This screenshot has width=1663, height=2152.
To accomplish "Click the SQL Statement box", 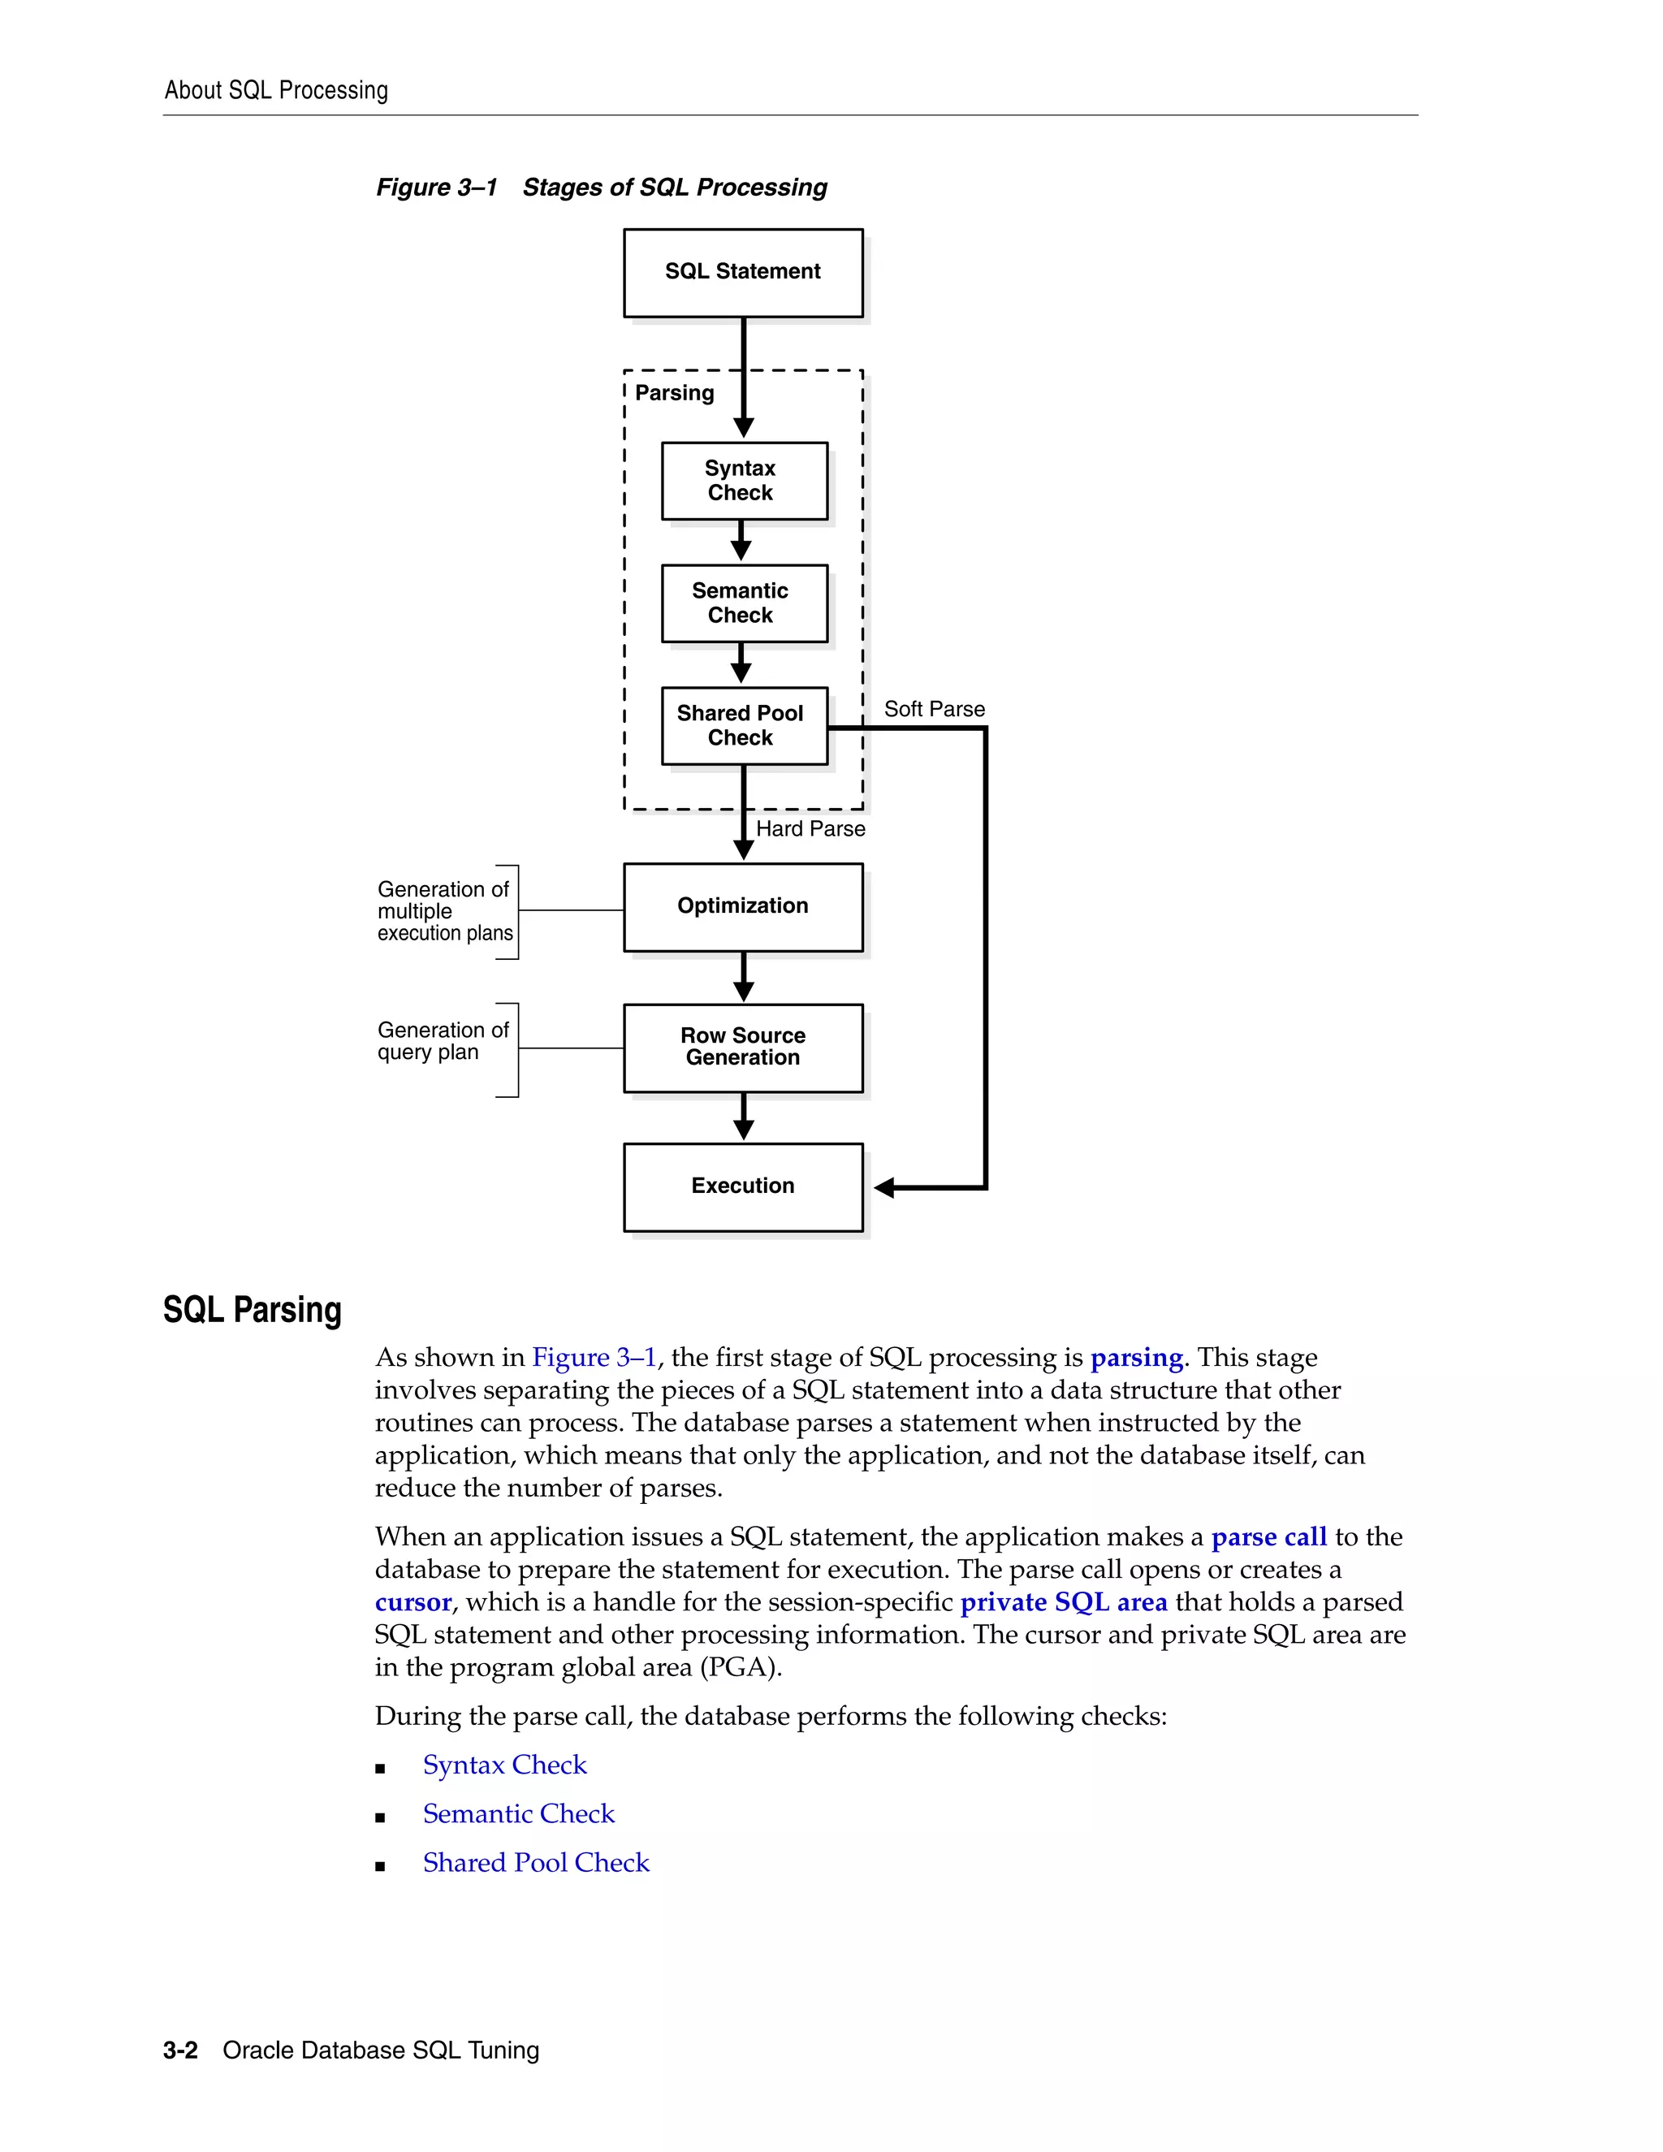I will [x=743, y=272].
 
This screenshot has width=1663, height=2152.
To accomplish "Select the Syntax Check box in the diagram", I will [x=744, y=481].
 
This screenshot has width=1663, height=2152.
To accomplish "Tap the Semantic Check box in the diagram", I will [x=744, y=603].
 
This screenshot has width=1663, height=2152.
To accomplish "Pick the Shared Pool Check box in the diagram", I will [x=744, y=725].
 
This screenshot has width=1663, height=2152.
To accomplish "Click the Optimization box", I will [x=743, y=906].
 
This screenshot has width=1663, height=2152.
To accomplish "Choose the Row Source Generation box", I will [x=743, y=1047].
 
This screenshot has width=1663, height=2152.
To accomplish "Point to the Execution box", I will [x=743, y=1186].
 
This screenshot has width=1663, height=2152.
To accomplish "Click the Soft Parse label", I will [x=934, y=710].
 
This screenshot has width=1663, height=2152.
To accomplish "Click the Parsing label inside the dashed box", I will [x=674, y=393].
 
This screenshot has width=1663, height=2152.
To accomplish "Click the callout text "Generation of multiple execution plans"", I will [x=444, y=911].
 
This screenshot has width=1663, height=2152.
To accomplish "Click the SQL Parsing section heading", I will [x=253, y=1311].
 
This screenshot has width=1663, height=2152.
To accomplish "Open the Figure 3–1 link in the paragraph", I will [x=594, y=1358].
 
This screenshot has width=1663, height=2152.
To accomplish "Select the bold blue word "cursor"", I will [x=413, y=1602].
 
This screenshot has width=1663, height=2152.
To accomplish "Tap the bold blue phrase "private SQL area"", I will [x=1063, y=1602].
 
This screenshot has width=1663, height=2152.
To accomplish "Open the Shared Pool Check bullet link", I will [x=536, y=1862].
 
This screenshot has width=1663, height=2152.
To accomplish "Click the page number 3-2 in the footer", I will [x=180, y=2050].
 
